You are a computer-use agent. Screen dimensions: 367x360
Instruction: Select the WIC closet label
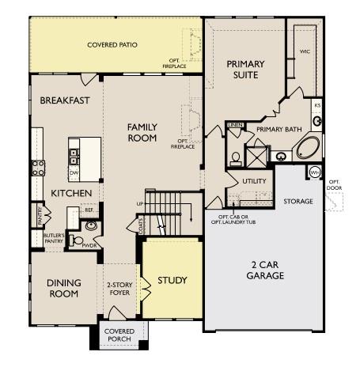click(x=305, y=51)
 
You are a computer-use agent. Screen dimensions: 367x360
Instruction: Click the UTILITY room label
click(x=254, y=182)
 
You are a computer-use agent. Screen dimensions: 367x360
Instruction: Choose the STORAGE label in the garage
click(x=298, y=202)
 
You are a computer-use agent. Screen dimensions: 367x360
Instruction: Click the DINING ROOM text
click(x=63, y=288)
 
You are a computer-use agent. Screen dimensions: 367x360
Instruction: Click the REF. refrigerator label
click(x=89, y=211)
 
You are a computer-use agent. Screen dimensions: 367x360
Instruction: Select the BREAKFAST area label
click(x=65, y=100)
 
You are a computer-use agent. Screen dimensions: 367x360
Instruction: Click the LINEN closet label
click(x=235, y=125)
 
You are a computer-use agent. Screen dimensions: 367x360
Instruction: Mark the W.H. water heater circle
click(x=315, y=172)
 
